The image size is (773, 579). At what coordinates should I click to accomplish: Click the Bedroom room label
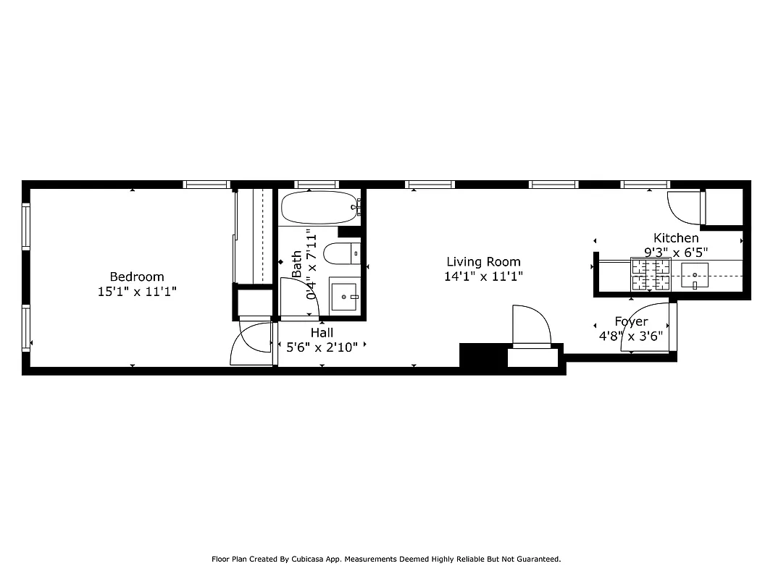pyautogui.click(x=137, y=276)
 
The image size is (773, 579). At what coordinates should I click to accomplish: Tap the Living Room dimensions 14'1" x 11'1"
pyautogui.click(x=483, y=276)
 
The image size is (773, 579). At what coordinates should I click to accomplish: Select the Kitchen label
pyautogui.click(x=676, y=238)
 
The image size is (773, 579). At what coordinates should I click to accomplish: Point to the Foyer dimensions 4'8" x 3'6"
pyautogui.click(x=630, y=336)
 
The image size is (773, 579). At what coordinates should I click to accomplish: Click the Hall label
pyautogui.click(x=322, y=332)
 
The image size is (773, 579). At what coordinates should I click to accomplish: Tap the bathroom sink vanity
pyautogui.click(x=344, y=296)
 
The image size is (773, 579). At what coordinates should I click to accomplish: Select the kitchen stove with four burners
pyautogui.click(x=651, y=274)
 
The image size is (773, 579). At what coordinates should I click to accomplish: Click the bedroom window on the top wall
pyautogui.click(x=207, y=185)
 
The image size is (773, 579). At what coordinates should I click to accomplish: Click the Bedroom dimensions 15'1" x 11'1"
pyautogui.click(x=137, y=291)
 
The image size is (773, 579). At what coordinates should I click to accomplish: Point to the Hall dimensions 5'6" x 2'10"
pyautogui.click(x=322, y=347)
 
